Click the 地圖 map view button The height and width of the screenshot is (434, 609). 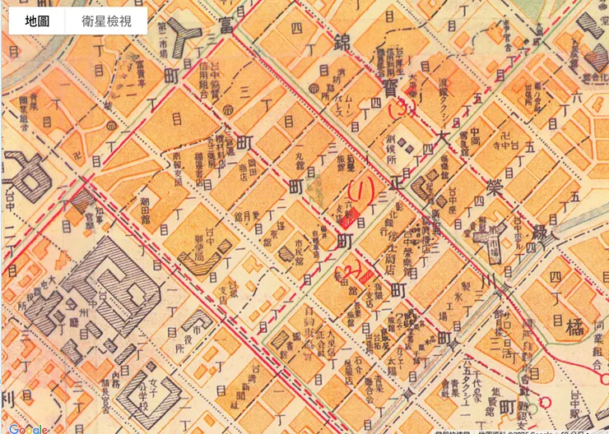click(x=37, y=22)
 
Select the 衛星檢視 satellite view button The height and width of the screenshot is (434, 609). click(x=106, y=22)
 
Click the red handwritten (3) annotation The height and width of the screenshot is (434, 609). click(x=402, y=106)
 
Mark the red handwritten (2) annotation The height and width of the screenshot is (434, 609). click(x=355, y=270)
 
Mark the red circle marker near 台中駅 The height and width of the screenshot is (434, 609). click(x=543, y=402)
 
